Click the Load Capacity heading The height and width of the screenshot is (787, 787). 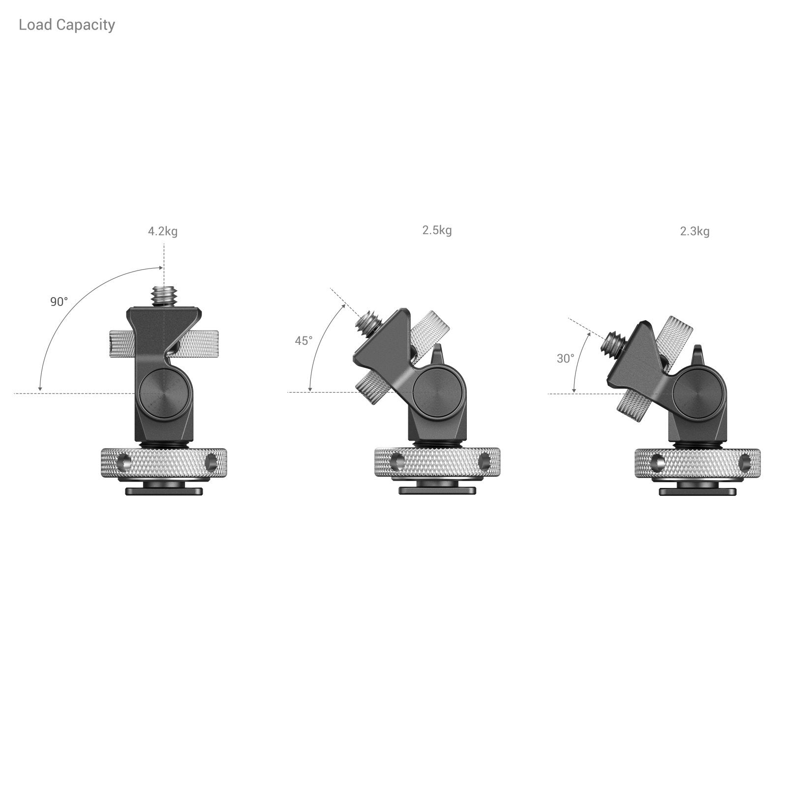coord(67,25)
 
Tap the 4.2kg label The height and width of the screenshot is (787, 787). coord(163,231)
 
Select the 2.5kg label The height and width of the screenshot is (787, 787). coord(437,230)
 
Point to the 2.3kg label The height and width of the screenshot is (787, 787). coord(695,231)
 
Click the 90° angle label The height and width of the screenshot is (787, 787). coord(59,302)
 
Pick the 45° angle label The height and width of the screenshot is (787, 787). coord(303,340)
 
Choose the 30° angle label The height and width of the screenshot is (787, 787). coord(565,359)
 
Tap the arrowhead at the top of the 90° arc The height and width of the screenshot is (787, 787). coord(161,268)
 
